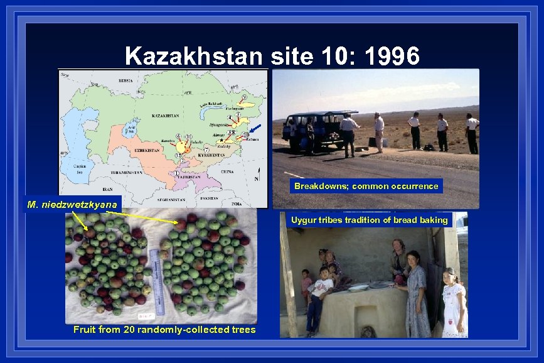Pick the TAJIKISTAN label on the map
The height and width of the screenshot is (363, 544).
pos(189,178)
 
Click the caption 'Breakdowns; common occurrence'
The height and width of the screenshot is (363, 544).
pos(366,186)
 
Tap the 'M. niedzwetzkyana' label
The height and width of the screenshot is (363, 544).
pos(73,204)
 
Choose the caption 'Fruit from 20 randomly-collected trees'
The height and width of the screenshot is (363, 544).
pos(164,329)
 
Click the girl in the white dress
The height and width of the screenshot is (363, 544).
pos(453,301)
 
